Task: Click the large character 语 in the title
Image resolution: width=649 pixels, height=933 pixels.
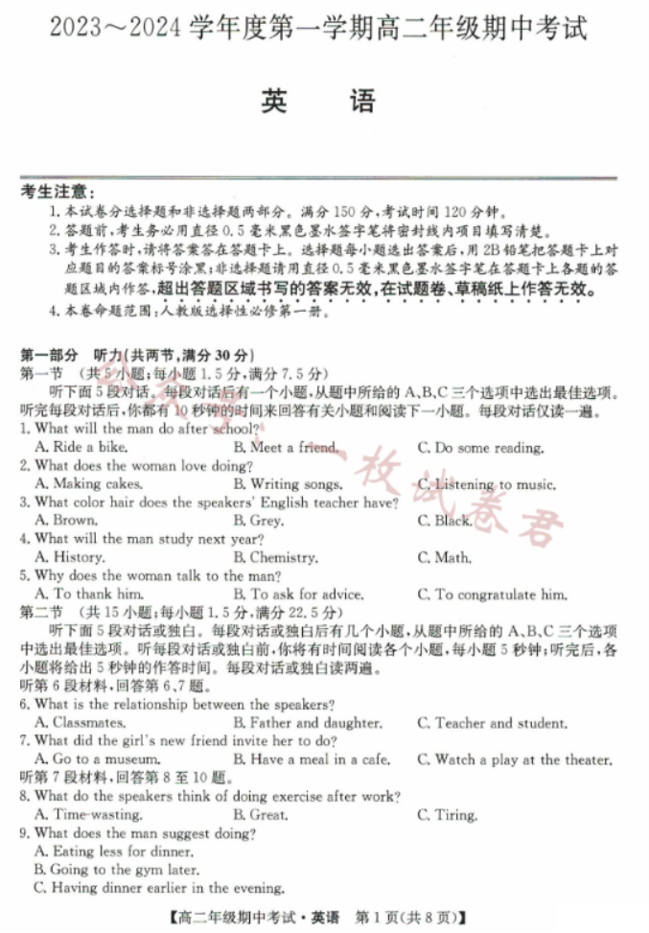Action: click(x=362, y=101)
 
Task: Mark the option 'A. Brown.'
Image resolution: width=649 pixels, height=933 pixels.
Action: click(x=65, y=521)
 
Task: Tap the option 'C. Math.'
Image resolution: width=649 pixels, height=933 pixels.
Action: click(x=445, y=557)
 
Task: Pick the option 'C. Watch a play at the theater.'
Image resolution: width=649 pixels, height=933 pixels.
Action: click(x=515, y=759)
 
